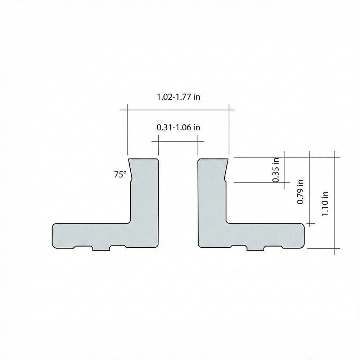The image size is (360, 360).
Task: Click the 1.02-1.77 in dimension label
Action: click(178, 97)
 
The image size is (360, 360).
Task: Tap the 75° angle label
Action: click(120, 175)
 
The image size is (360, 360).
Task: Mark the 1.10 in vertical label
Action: click(325, 203)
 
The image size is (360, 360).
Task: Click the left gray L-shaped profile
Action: click(144, 216)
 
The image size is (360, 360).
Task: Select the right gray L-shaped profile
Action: click(212, 216)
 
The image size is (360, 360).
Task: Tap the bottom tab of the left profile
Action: click(101, 248)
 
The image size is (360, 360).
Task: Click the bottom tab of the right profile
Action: click(255, 248)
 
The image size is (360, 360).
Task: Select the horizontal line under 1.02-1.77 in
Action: click(178, 109)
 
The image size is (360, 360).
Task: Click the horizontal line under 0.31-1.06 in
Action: click(178, 141)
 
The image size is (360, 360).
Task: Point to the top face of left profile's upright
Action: click(143, 158)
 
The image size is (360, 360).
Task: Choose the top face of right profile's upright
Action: click(213, 158)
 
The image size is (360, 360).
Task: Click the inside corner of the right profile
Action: click(227, 222)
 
